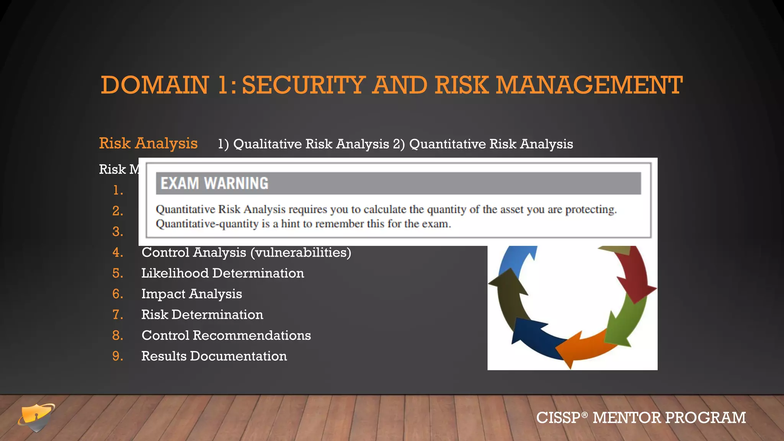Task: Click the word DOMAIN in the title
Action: [x=155, y=85]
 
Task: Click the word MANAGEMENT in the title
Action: [x=589, y=85]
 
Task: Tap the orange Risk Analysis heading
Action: [x=148, y=144]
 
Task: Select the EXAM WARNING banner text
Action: [x=214, y=183]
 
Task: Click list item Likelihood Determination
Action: [x=222, y=273]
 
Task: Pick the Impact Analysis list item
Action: [x=191, y=294]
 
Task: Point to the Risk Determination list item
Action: [x=202, y=315]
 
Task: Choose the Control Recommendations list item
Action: [x=226, y=335]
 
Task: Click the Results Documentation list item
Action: [x=214, y=356]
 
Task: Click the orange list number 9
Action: [x=118, y=356]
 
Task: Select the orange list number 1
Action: [x=118, y=190]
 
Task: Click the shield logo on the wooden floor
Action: [x=36, y=417]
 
